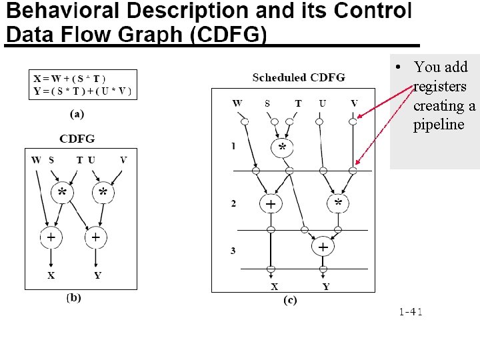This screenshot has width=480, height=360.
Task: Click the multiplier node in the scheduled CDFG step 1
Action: [283, 147]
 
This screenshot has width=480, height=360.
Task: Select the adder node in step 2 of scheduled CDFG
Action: [271, 203]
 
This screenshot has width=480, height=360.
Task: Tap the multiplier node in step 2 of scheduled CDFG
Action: [338, 203]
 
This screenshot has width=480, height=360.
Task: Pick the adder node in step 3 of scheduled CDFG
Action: [323, 247]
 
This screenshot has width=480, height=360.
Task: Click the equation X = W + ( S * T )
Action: [69, 79]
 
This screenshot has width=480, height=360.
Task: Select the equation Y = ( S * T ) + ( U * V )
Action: [82, 91]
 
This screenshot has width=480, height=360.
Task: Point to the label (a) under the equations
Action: [77, 114]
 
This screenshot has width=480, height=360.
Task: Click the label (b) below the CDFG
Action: [73, 297]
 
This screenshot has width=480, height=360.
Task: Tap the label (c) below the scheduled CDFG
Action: [290, 300]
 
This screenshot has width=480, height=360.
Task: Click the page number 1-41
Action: [411, 311]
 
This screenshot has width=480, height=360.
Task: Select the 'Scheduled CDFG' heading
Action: [299, 78]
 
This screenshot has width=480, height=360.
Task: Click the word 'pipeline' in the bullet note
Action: [439, 125]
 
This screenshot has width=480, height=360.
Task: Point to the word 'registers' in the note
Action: [440, 86]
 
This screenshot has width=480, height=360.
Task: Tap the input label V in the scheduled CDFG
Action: [354, 103]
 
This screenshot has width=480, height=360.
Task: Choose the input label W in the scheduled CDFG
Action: [237, 103]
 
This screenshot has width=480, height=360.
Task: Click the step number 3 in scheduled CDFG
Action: [233, 251]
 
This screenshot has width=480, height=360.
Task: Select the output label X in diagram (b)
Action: [51, 275]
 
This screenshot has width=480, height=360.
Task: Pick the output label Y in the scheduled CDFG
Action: [325, 287]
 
